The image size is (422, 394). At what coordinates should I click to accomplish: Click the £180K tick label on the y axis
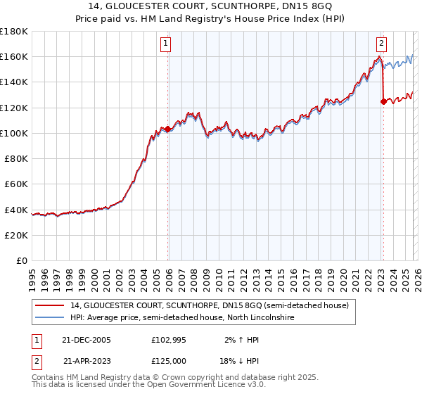[x=14, y=31]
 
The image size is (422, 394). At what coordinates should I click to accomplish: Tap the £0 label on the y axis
[x=22, y=260]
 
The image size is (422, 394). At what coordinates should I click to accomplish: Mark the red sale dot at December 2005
[x=168, y=129]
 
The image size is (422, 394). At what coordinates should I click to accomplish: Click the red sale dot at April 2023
[x=383, y=101]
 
